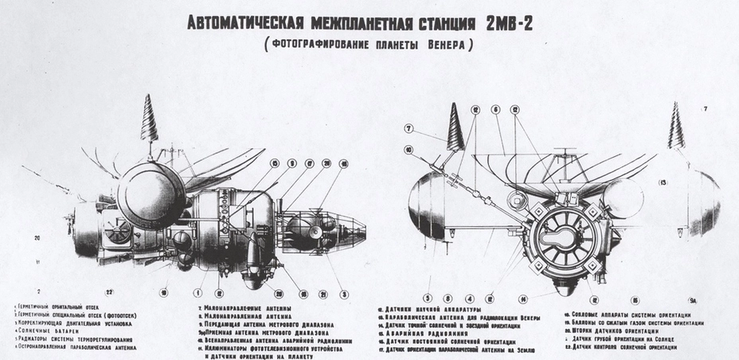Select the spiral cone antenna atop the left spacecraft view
coord(149,118)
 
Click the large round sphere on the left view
coord(151,195)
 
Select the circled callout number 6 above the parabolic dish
coord(495,109)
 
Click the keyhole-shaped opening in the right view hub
coord(565,239)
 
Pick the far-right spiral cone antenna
coord(676,127)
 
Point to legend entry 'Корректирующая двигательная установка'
coord(64,324)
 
